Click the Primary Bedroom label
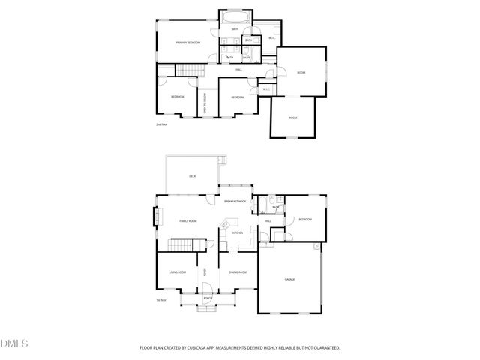[x=187, y=43]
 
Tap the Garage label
[x=289, y=279]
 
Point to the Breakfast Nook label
[x=235, y=201]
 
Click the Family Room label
[x=187, y=221]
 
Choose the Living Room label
[x=177, y=271]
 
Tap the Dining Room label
[x=238, y=271]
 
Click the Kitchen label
[x=237, y=233]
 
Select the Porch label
[x=208, y=298]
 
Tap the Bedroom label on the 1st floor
[x=304, y=219]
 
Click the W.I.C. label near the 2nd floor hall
[x=265, y=90]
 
